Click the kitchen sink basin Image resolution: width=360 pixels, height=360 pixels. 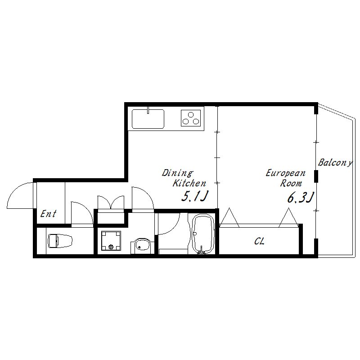[x=148, y=119]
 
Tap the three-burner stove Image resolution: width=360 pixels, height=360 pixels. [x=190, y=118]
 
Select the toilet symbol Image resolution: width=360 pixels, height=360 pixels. [x=60, y=241]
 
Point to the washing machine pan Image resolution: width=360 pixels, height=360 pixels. [x=111, y=241]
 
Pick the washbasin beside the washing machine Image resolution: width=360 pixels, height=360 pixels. [x=141, y=246]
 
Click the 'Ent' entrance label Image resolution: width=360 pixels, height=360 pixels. [x=48, y=214]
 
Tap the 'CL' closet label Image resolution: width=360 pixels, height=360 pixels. [x=260, y=241]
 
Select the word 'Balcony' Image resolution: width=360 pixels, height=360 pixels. [x=335, y=163]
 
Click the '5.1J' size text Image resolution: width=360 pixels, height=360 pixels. [x=195, y=196]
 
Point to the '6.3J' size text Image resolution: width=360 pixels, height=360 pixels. [x=300, y=198]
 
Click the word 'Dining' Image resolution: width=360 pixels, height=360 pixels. [x=178, y=173]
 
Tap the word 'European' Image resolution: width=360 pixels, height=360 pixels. [x=286, y=173]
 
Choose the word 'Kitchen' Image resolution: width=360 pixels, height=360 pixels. [x=189, y=183]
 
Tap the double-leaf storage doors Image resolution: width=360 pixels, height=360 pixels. [x=111, y=202]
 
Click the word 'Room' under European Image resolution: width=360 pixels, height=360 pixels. [x=291, y=184]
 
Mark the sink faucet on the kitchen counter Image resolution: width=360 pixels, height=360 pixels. [x=148, y=110]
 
